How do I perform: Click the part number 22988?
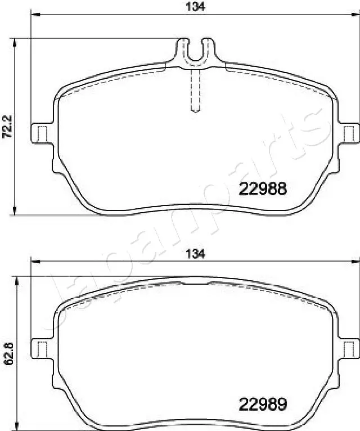coord(263,189)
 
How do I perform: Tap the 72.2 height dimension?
coord(7,127)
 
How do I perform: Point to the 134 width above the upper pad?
coord(195,7)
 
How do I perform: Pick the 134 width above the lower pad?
coord(195,254)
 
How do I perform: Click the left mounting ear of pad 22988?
coord(40,133)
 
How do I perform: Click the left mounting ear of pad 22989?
coord(40,349)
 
